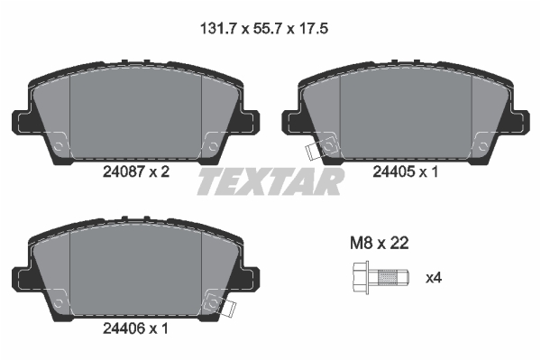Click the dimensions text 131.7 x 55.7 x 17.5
[x=264, y=29]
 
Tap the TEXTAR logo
[x=270, y=181]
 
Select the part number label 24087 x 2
[x=136, y=171]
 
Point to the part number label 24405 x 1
[x=406, y=171]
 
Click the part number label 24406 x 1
[x=135, y=329]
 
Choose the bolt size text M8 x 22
[x=380, y=243]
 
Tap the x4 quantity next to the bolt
[x=434, y=277]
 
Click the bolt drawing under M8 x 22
[x=381, y=278]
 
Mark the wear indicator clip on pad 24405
[x=312, y=152]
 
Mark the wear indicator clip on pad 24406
[x=229, y=308]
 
